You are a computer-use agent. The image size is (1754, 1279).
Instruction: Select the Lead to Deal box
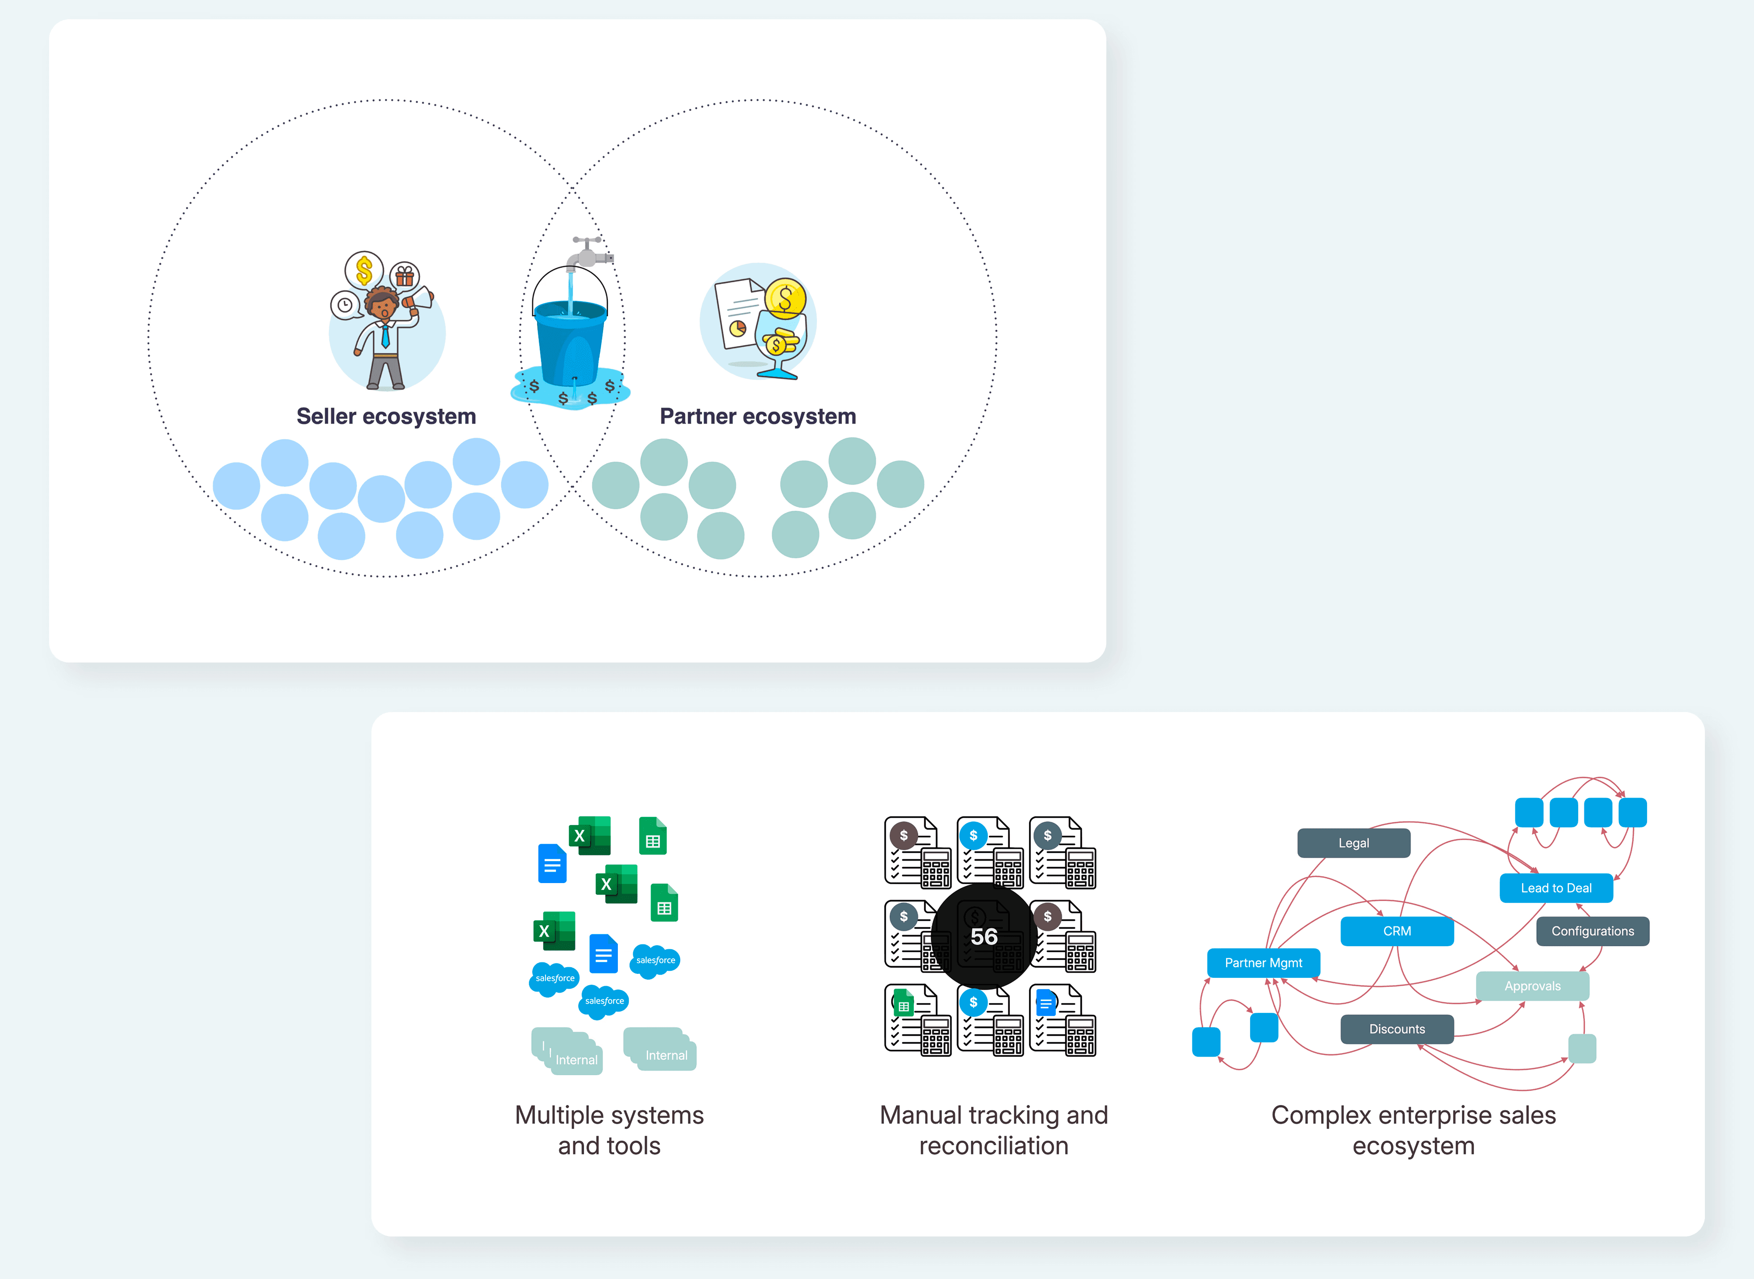point(1556,888)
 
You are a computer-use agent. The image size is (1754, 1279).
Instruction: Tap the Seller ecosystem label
point(386,417)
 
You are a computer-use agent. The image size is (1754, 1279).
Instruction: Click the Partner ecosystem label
point(758,417)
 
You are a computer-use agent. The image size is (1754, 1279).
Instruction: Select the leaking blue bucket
point(570,341)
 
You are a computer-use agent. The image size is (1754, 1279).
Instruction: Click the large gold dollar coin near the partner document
point(786,299)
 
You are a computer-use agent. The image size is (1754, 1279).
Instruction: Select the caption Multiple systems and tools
point(609,1130)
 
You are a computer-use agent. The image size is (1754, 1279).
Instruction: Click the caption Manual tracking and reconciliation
point(994,1130)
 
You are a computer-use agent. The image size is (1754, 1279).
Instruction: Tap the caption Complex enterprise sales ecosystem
point(1413,1130)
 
